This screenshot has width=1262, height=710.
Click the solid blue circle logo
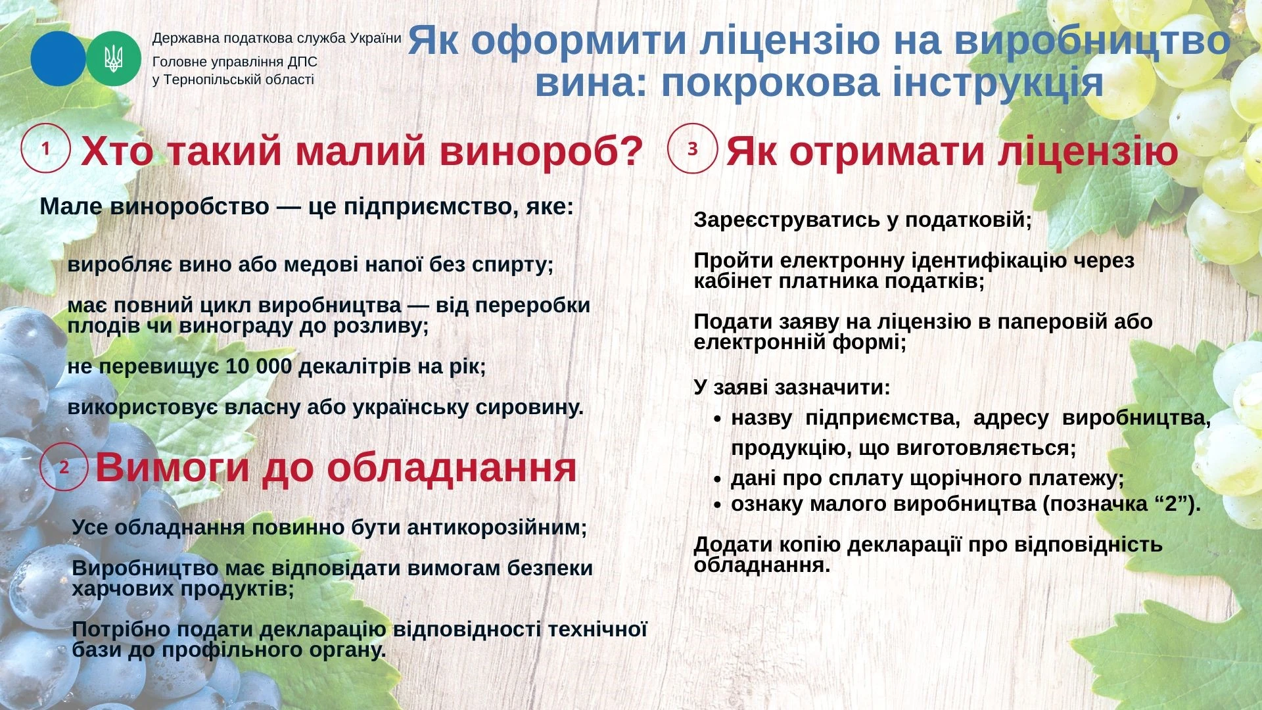click(58, 59)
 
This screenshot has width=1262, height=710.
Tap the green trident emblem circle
click(114, 59)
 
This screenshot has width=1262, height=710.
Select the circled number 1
click(45, 149)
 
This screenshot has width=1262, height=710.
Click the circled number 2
click(64, 467)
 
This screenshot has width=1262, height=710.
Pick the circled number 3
click(692, 149)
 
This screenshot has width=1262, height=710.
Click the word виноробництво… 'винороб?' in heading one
click(541, 151)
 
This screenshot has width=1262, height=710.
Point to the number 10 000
click(258, 366)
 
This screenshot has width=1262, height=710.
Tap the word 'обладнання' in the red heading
click(452, 467)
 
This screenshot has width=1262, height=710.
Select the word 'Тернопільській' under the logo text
click(208, 80)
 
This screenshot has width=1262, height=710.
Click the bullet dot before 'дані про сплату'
click(718, 479)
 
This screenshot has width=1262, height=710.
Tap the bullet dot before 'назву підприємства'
click(718, 419)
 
